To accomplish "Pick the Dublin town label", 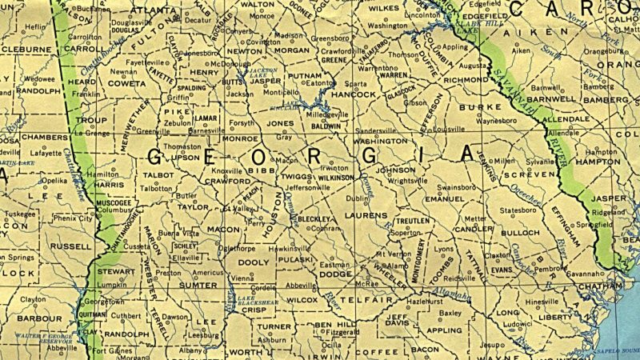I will coord(356,198).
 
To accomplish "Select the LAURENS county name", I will coord(366,216).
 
